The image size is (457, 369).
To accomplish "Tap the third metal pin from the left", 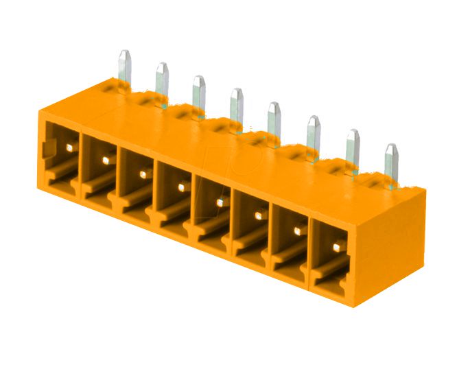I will click(x=199, y=93).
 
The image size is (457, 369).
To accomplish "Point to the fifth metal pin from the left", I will click(x=274, y=118).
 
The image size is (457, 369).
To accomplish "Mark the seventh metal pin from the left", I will click(x=353, y=145).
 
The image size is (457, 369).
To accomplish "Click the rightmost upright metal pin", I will click(x=391, y=160).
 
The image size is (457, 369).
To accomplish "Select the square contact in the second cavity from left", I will click(x=106, y=159).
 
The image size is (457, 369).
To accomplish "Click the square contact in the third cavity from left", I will click(x=143, y=174).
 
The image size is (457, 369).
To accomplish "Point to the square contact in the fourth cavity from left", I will click(x=181, y=187).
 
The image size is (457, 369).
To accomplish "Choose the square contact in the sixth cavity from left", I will click(x=259, y=215).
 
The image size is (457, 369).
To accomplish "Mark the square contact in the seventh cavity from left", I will click(x=298, y=231).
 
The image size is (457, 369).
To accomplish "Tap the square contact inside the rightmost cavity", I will click(x=337, y=246).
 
